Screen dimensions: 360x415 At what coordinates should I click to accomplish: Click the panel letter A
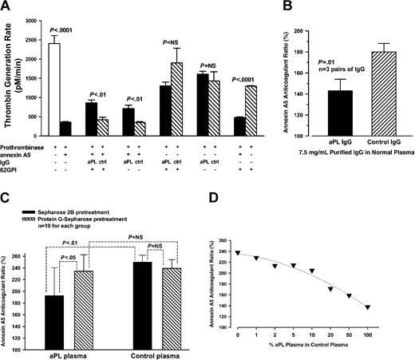click(7, 8)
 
